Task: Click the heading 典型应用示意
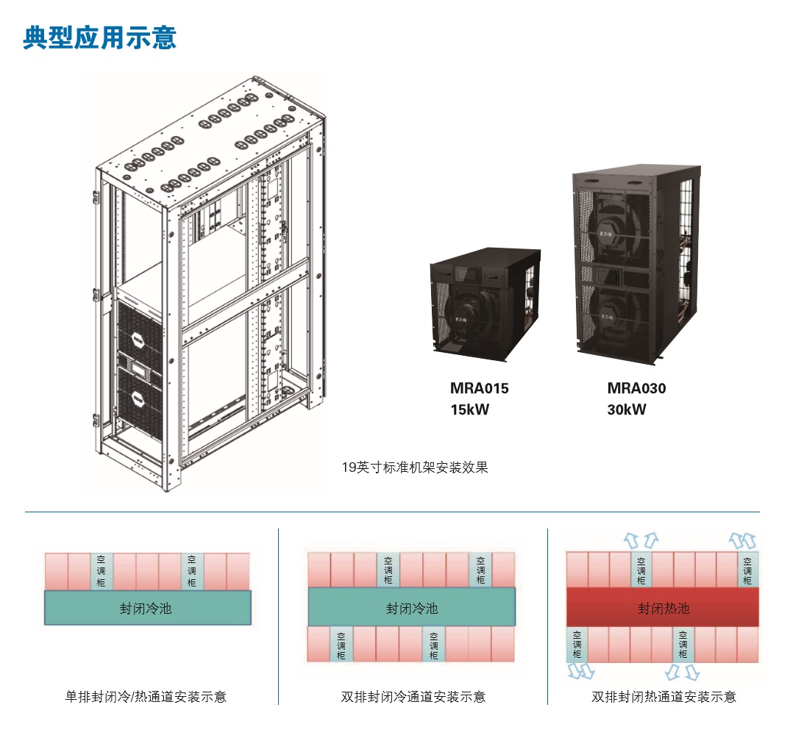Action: click(x=100, y=37)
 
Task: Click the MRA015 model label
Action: click(x=479, y=388)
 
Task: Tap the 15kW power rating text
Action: click(x=469, y=410)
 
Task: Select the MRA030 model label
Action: click(x=636, y=388)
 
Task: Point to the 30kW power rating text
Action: click(x=627, y=410)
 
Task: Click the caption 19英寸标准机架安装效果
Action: click(x=415, y=467)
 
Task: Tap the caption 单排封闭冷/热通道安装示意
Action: click(x=146, y=696)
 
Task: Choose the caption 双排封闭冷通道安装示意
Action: click(x=413, y=696)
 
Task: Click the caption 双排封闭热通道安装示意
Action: click(x=663, y=696)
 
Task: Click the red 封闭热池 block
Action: click(x=663, y=608)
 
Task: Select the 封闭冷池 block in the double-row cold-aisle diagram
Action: click(x=411, y=608)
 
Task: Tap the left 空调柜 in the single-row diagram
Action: click(x=101, y=571)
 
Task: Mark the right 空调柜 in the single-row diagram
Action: click(x=192, y=571)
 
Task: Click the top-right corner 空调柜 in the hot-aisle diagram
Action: click(x=747, y=571)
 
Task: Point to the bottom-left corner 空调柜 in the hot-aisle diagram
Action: click(x=577, y=645)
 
